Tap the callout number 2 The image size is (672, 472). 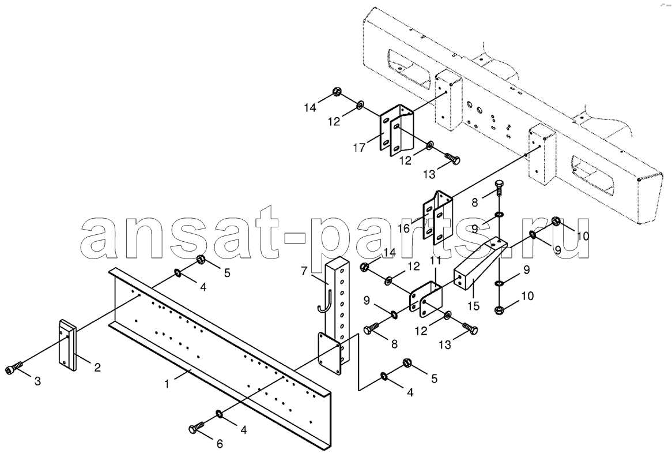pyautogui.click(x=98, y=367)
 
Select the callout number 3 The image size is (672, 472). pyautogui.click(x=37, y=381)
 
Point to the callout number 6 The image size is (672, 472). pyautogui.click(x=220, y=443)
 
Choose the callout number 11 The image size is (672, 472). pyautogui.click(x=436, y=260)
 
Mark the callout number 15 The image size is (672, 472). pyautogui.click(x=474, y=306)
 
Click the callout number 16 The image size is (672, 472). pyautogui.click(x=403, y=228)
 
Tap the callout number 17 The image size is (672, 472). pyautogui.click(x=359, y=148)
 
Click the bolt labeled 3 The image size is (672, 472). pyautogui.click(x=14, y=369)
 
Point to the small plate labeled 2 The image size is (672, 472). pyautogui.click(x=67, y=344)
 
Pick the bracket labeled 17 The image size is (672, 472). pyautogui.click(x=397, y=129)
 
